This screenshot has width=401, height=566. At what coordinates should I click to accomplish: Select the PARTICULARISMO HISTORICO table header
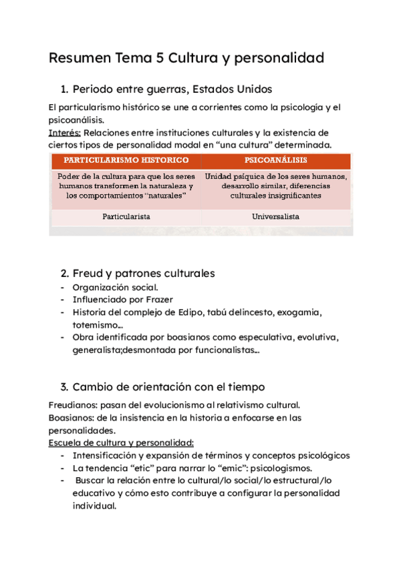point(126,160)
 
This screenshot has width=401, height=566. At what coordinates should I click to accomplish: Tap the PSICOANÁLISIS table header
point(276,160)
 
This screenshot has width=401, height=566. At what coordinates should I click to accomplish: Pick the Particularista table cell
point(126,217)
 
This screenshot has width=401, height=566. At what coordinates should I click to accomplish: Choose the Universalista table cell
point(276,217)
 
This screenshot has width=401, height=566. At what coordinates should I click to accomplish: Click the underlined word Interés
point(64,133)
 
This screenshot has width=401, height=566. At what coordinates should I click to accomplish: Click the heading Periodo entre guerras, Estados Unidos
point(172,89)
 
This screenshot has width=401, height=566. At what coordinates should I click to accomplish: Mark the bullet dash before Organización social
point(62,287)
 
